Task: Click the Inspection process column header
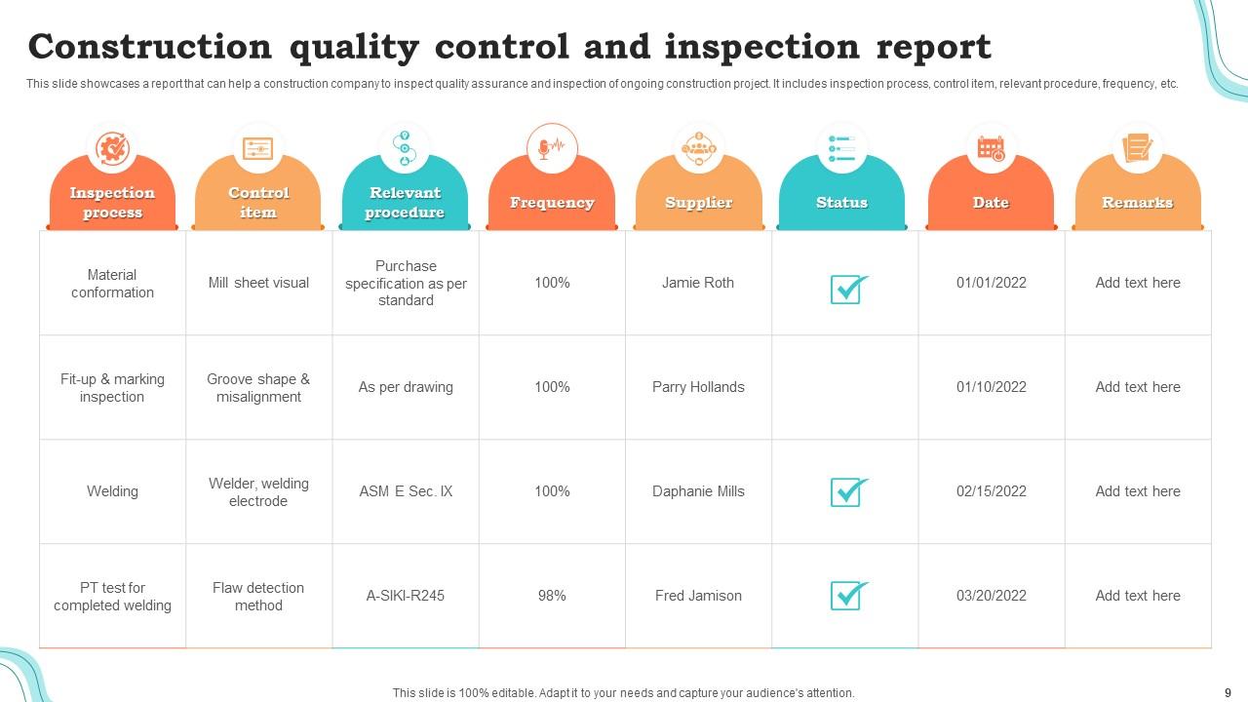112,202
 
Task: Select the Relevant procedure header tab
405,202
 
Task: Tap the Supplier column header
698,202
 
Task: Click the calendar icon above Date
991,148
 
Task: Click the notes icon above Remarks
1137,148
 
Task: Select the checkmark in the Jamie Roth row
847,289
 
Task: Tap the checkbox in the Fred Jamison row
847,595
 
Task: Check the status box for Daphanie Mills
847,491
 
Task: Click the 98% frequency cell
552,596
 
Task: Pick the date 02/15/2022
991,491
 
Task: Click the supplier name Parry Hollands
698,387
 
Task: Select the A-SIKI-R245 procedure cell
406,596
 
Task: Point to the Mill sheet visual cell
258,283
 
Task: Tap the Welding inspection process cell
112,491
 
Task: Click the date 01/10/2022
991,387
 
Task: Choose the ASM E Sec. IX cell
406,491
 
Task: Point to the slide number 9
1227,692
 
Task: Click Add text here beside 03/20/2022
1137,596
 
